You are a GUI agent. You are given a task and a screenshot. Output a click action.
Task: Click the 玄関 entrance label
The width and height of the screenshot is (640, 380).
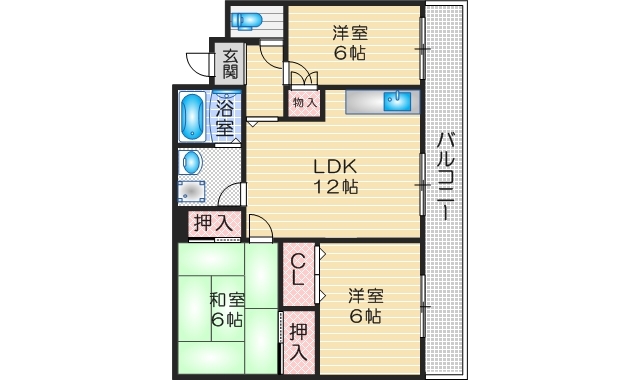230,64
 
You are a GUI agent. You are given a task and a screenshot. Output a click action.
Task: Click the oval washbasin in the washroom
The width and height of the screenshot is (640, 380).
192,162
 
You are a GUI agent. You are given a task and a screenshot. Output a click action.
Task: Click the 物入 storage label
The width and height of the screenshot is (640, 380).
304,102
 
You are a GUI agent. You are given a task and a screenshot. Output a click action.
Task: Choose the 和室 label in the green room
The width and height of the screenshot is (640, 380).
226,300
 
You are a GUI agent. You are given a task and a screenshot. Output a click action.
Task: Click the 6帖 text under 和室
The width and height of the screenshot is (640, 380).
226,320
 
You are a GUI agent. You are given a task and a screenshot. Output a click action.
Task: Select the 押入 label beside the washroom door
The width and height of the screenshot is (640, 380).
212,224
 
